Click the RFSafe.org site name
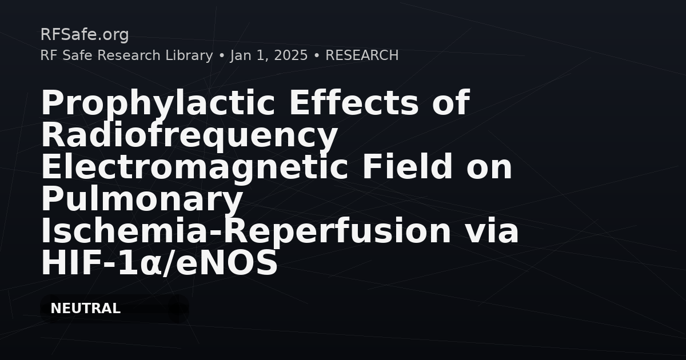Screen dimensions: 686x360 [85, 35]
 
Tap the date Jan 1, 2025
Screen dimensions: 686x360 [269, 56]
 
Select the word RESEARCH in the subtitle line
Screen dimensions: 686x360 [362, 55]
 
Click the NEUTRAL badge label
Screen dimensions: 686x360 [85, 309]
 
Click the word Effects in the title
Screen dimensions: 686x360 [354, 102]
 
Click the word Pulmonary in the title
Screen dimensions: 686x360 [142, 200]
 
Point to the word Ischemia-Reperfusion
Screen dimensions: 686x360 [246, 232]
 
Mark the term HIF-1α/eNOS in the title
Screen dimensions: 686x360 [159, 263]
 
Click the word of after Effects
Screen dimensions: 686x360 [451, 102]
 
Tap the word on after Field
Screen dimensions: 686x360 [489, 169]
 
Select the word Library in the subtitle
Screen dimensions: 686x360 [189, 55]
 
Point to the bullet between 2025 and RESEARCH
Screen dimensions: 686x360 [317, 56]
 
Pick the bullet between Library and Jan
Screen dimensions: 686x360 [222, 56]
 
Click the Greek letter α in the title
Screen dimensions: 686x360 [150, 265]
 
